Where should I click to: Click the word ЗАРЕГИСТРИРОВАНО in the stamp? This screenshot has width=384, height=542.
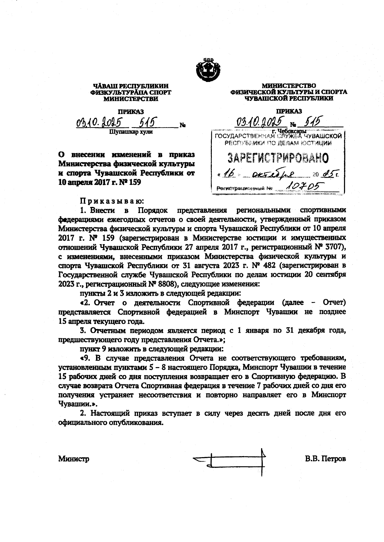(x=278, y=158)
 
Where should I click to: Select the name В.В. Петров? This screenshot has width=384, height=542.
(x=325, y=459)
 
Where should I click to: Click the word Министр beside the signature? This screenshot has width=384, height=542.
(x=74, y=459)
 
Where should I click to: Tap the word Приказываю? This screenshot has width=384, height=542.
(x=112, y=201)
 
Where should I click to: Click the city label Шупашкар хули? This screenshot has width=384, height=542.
(x=131, y=132)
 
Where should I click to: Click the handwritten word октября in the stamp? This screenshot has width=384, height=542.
(x=278, y=175)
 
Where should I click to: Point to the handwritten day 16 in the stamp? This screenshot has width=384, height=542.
(x=230, y=174)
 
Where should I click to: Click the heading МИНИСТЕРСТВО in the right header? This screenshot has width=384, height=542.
(x=289, y=86)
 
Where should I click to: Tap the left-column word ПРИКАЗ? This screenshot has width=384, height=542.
(x=131, y=111)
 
